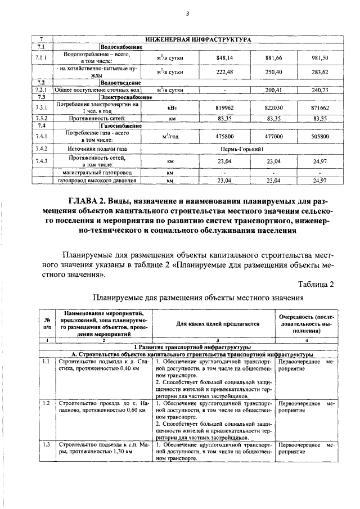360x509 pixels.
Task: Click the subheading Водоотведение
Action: pyautogui.click(x=120, y=83)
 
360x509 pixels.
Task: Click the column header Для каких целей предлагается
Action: pyautogui.click(x=211, y=324)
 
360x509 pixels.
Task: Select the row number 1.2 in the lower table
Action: pyautogui.click(x=46, y=403)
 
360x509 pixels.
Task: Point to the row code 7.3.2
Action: pyautogui.click(x=41, y=118)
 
